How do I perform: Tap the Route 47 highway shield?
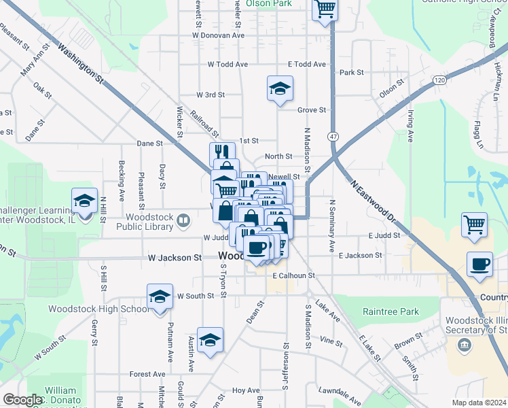tap(333, 137)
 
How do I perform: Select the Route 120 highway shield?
tap(440, 80)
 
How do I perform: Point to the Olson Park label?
tap(268, 3)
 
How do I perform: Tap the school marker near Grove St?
tap(278, 88)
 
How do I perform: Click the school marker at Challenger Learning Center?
tap(84, 201)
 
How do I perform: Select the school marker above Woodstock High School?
tap(160, 297)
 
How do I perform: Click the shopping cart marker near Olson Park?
tap(325, 10)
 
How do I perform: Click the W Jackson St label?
tap(175, 258)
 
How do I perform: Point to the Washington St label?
tap(80, 64)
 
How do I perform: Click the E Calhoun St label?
tap(293, 275)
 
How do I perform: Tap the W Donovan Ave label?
tap(218, 35)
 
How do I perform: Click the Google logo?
tap(22, 400)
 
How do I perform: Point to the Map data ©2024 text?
tap(478, 403)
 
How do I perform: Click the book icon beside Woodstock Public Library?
tap(183, 220)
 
